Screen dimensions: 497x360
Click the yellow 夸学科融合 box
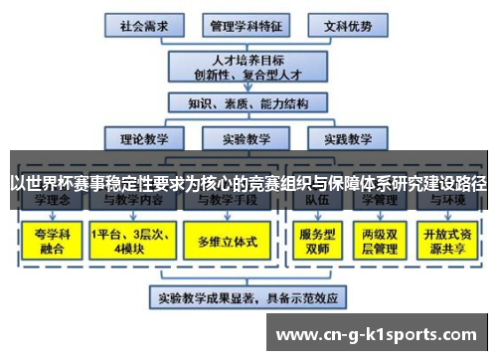click(x=49, y=241)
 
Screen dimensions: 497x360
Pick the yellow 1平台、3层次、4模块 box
click(x=128, y=241)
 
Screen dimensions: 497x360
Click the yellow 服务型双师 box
click(x=314, y=241)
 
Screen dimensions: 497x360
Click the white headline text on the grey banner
click(x=248, y=183)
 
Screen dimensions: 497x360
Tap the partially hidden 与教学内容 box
click(x=128, y=202)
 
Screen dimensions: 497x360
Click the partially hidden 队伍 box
click(x=314, y=202)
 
